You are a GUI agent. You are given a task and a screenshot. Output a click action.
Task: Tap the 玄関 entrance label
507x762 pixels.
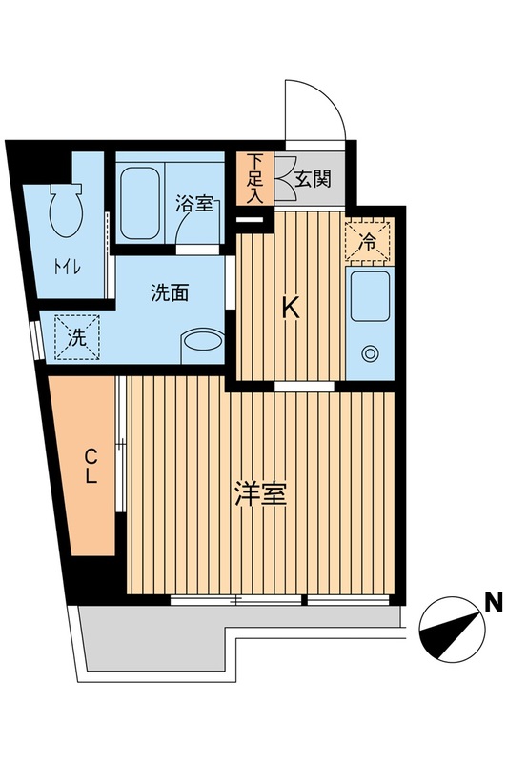pos(312,177)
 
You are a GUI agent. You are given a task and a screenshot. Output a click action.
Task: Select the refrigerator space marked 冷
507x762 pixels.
pos(368,240)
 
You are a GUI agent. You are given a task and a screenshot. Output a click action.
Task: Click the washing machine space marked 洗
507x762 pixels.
pos(75,335)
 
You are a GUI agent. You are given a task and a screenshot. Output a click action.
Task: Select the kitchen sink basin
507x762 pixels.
pos(368,296)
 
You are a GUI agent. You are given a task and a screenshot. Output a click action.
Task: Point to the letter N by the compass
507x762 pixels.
pos(493,601)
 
